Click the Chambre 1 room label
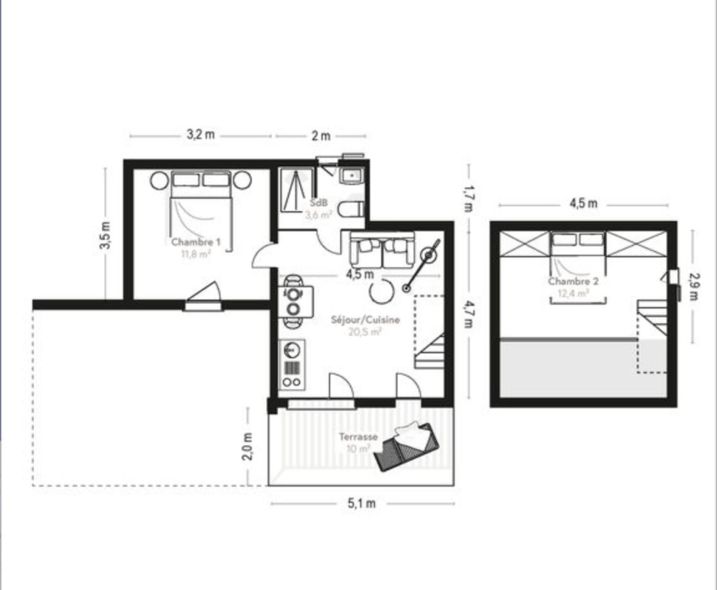tap(196, 242)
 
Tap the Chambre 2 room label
tap(573, 282)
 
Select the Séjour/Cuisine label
tap(365, 320)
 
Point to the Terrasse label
tap(358, 437)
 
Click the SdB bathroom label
tap(319, 203)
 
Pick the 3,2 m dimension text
tap(201, 134)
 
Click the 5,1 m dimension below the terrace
tap(361, 503)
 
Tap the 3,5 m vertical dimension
tap(105, 235)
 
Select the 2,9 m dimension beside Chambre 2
tap(694, 287)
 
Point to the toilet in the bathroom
tap(351, 209)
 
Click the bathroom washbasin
tap(353, 176)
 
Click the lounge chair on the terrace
tap(406, 446)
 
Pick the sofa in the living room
tap(382, 250)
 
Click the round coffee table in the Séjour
tap(382, 291)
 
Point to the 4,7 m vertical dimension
tap(469, 314)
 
